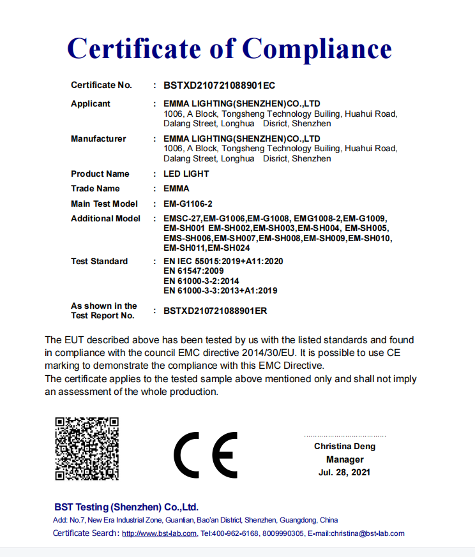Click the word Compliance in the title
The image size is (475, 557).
point(317,49)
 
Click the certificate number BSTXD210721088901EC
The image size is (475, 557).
point(219,85)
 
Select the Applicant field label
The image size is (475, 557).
point(91,103)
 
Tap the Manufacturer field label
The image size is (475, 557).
point(98,138)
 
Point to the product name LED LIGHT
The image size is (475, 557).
point(186,174)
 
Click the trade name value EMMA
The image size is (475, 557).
point(176,188)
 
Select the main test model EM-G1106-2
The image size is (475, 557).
point(188,204)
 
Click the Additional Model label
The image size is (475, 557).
point(105,218)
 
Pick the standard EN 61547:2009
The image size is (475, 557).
point(193,271)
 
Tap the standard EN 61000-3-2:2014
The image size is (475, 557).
point(201,281)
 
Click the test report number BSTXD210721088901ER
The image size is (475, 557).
point(215,311)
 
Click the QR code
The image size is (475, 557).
point(87,449)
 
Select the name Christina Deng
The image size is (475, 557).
point(345,447)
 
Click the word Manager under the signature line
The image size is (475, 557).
point(345,459)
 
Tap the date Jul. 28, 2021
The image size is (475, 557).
point(345,472)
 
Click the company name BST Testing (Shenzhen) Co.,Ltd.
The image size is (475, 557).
point(126,507)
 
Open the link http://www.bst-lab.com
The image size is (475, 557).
point(159,533)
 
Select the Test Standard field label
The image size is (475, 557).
point(99,261)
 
